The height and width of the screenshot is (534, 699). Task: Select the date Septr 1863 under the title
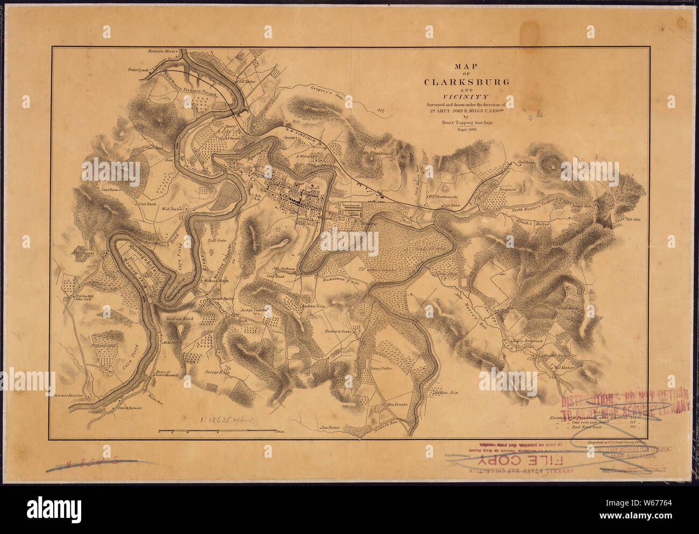pyautogui.click(x=467, y=130)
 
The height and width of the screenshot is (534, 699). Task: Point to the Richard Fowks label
pyautogui.click(x=338, y=332)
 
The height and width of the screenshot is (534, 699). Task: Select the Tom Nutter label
pyautogui.click(x=332, y=428)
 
